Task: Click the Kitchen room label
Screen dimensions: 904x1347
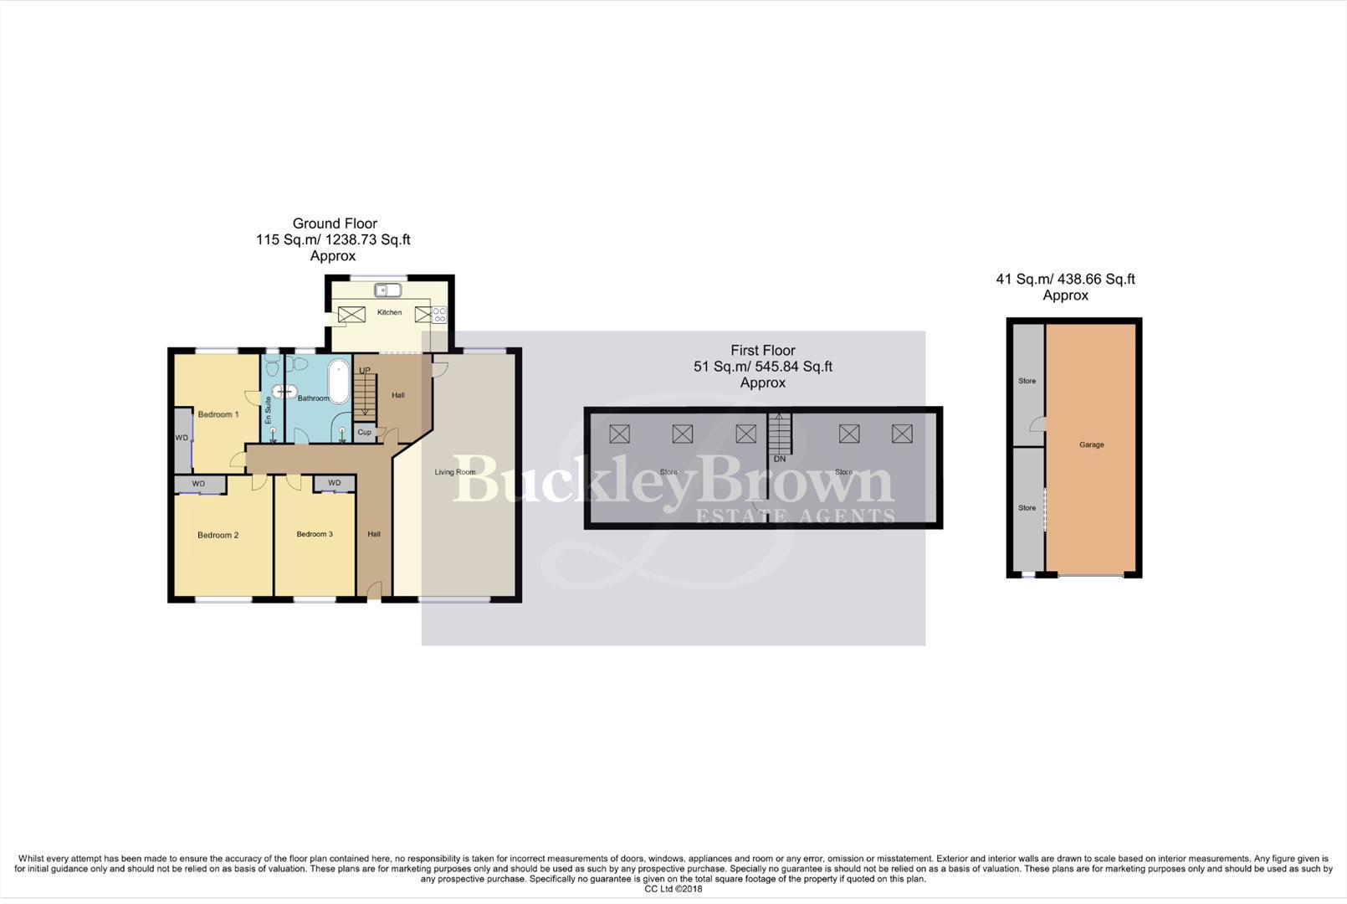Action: (389, 312)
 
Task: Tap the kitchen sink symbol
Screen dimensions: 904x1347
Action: (388, 290)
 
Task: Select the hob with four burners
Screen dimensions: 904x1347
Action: (439, 315)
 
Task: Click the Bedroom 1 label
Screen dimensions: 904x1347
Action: (218, 414)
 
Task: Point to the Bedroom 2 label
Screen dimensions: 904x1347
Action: (218, 535)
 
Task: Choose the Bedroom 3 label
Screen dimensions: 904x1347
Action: (315, 534)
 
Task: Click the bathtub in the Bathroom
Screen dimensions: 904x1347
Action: (338, 382)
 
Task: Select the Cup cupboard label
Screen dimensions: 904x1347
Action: (364, 433)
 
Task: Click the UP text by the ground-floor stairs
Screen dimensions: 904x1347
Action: (365, 371)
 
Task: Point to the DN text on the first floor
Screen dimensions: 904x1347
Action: (780, 459)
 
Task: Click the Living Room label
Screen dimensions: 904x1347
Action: (455, 472)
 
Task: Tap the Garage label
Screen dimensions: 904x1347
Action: (1091, 444)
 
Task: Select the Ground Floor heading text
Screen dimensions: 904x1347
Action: (335, 223)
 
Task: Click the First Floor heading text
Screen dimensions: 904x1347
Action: (763, 351)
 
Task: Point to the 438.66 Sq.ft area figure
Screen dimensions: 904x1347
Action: (1096, 280)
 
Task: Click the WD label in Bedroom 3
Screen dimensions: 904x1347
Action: (335, 483)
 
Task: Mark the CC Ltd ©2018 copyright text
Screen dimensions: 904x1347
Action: (673, 889)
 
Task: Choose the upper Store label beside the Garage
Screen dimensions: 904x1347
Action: (1027, 381)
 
